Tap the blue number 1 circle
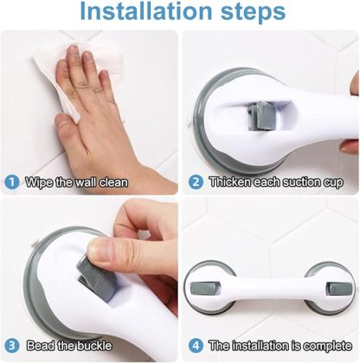(11, 182)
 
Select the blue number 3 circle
(11, 346)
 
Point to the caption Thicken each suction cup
(275, 182)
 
